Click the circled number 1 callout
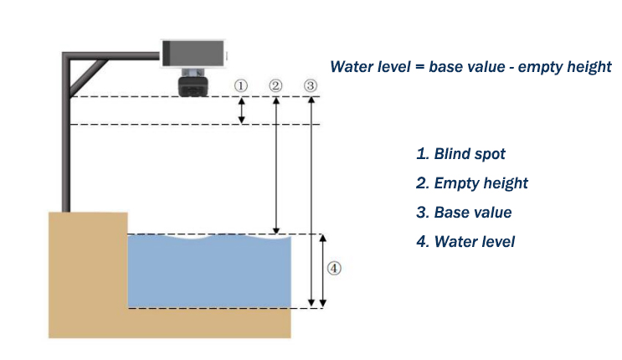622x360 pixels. coord(242,85)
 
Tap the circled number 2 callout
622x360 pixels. coord(276,85)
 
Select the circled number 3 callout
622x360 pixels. coord(311,85)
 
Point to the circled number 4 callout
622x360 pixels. coord(333,269)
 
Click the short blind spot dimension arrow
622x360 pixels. coord(242,111)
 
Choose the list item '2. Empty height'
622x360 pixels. coord(472,183)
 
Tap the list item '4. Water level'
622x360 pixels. coord(465,242)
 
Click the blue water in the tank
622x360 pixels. coord(209,272)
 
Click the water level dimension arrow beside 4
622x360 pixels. coord(321,270)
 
